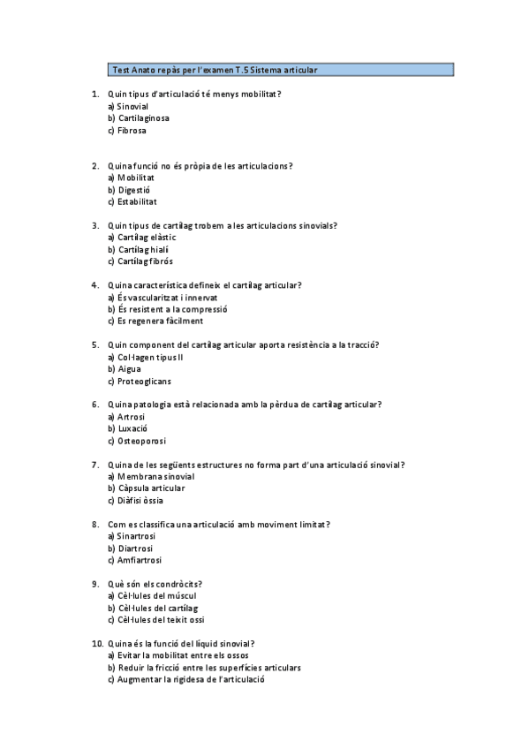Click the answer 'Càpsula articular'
pos(150,488)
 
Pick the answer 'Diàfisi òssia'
pos(140,501)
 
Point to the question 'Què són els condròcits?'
pos(155,584)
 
